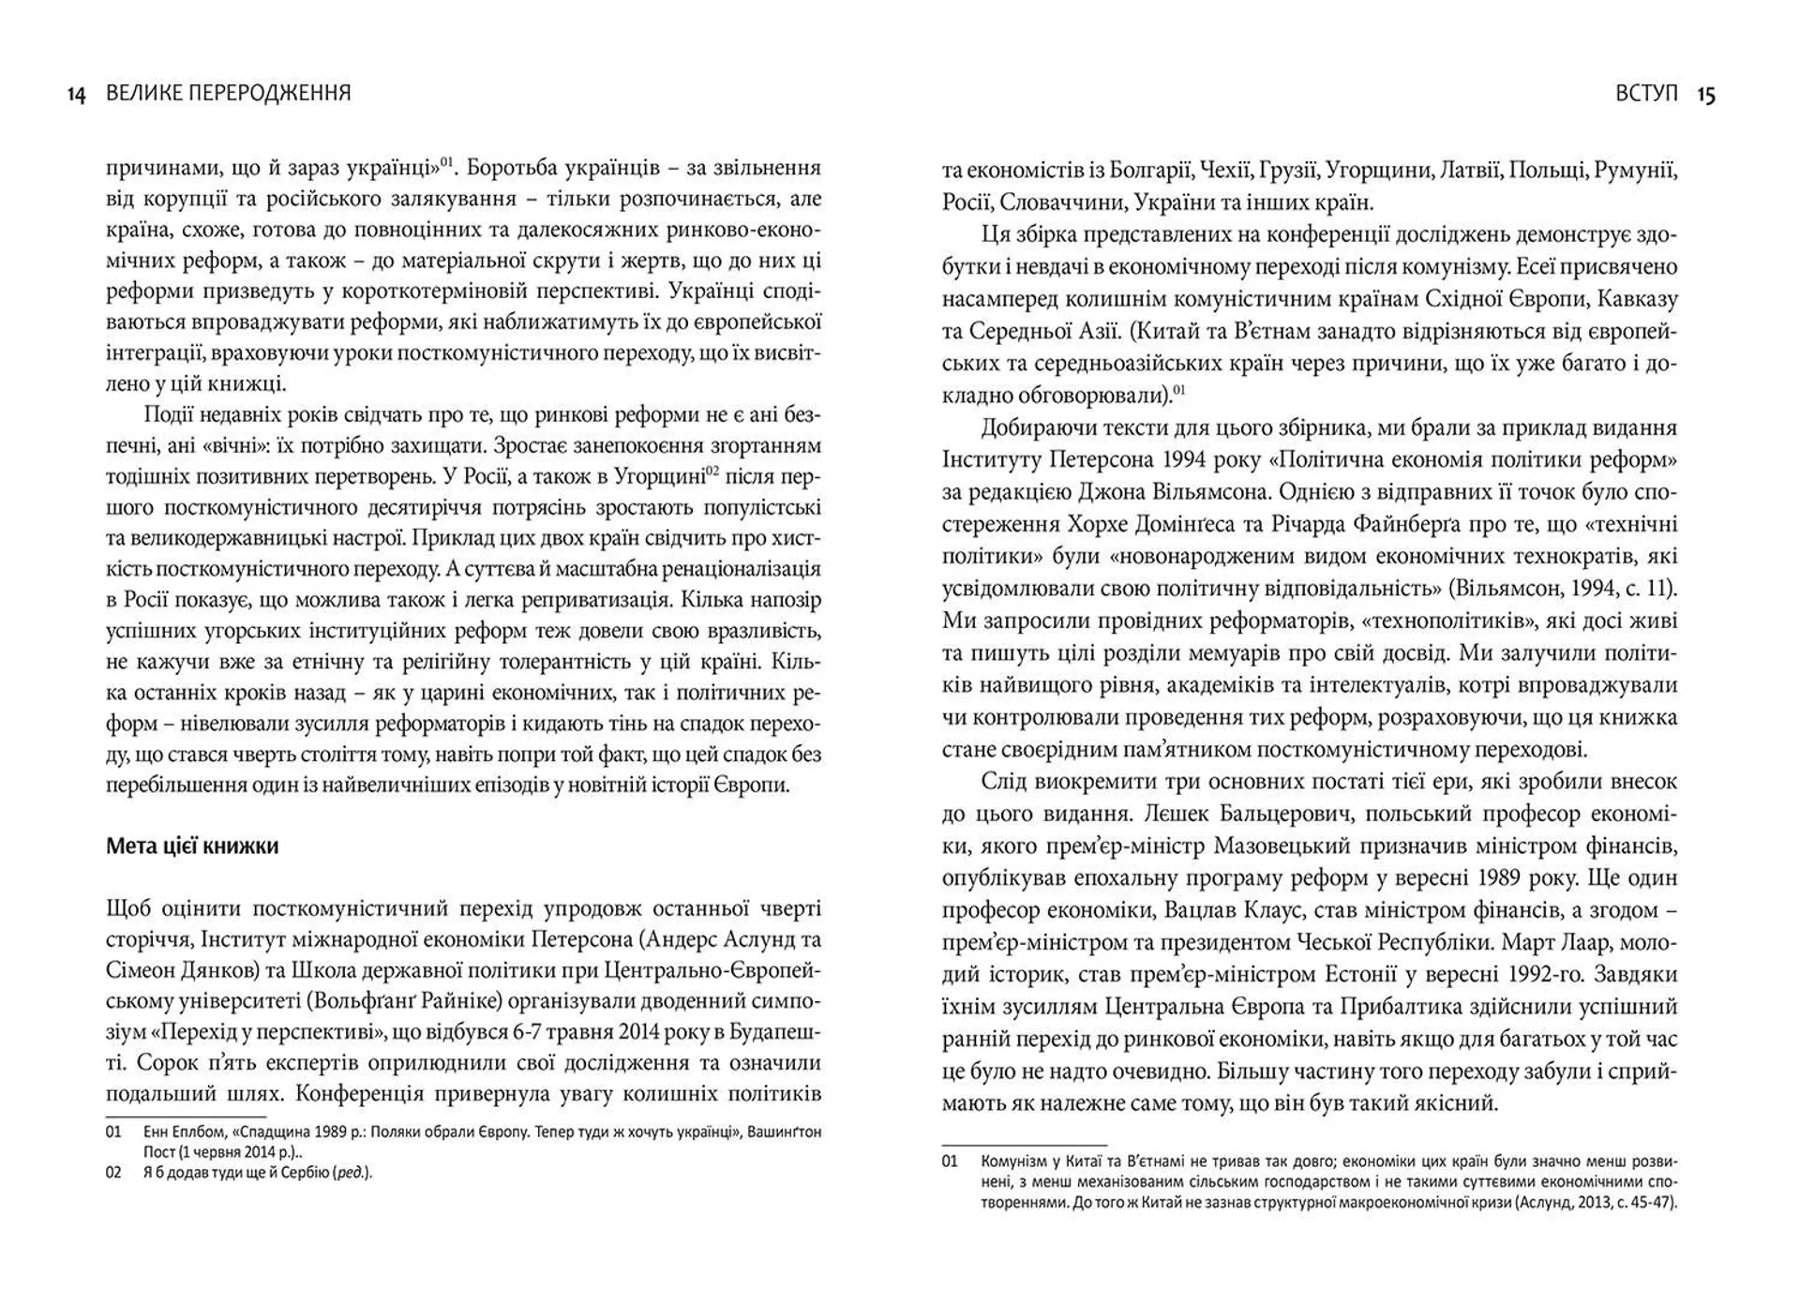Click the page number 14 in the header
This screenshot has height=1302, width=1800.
point(76,95)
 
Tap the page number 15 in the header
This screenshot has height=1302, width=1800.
point(1706,95)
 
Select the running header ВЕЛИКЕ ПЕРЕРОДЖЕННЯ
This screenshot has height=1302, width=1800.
point(228,93)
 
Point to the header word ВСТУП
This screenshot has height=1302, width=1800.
point(1646,93)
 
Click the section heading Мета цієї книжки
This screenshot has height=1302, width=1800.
point(192,846)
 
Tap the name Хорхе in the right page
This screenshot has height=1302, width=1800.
point(1101,524)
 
